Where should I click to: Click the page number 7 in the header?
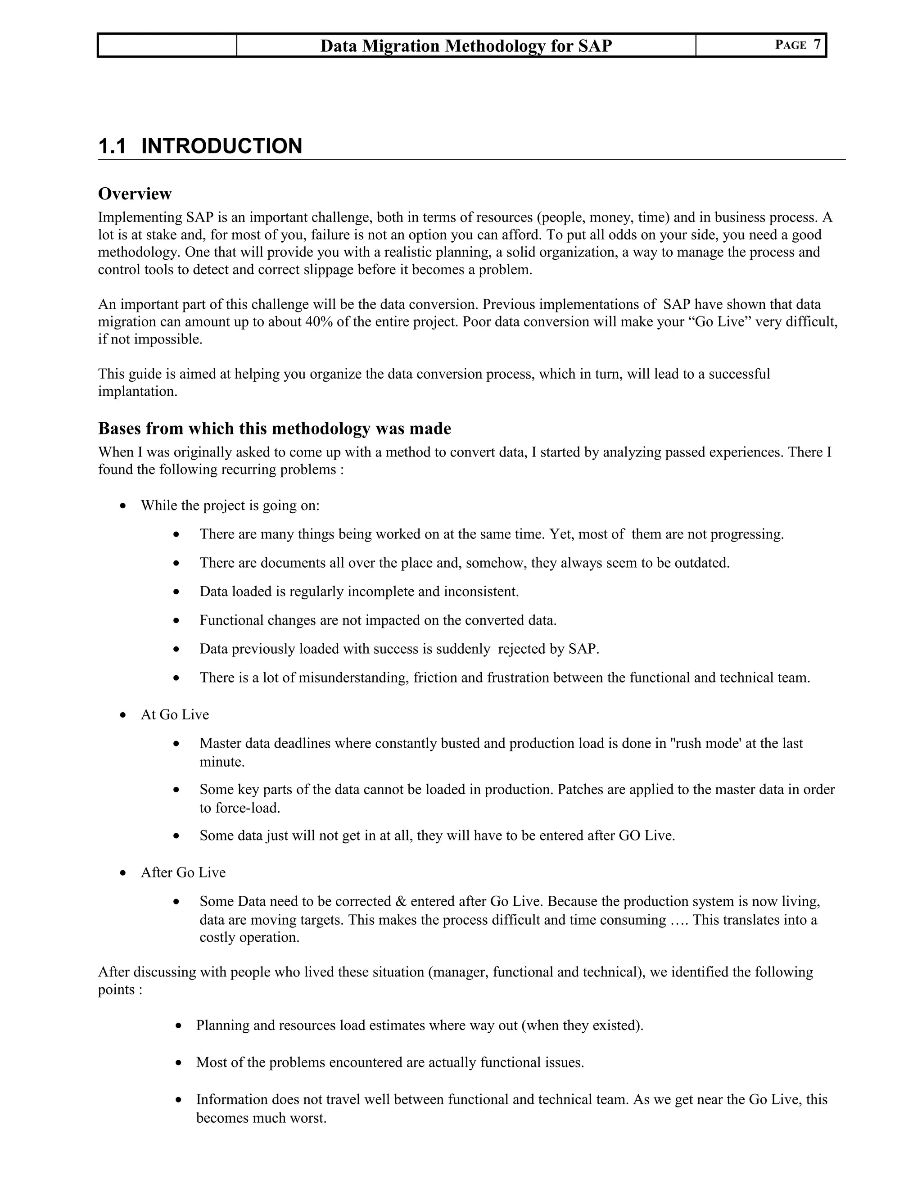point(817,45)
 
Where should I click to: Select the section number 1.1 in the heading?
point(112,146)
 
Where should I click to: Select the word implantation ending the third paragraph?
point(137,392)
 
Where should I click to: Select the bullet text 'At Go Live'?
point(175,715)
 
